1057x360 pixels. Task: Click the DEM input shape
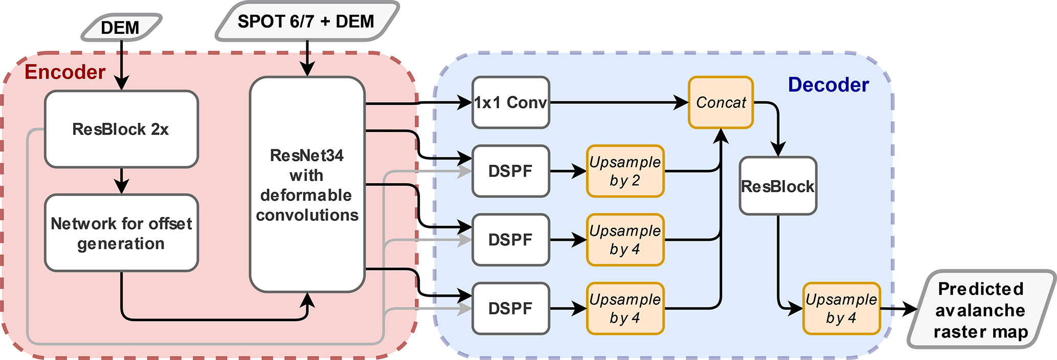[x=121, y=27]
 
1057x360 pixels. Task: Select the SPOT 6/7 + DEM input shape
[x=306, y=21]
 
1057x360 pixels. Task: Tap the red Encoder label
[x=65, y=72]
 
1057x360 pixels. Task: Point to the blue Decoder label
[x=828, y=85]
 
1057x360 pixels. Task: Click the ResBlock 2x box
[x=121, y=129]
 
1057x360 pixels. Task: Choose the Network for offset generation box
[x=121, y=233]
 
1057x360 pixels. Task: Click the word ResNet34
[x=307, y=155]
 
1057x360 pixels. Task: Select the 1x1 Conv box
[x=510, y=102]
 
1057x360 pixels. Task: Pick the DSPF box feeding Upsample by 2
[x=510, y=171]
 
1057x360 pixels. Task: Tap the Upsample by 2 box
[x=625, y=171]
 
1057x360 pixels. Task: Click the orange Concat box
[x=721, y=102]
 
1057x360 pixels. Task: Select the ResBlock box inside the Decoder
[x=777, y=186]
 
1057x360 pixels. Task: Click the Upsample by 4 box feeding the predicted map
[x=841, y=308]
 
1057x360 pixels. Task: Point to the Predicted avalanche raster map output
[x=981, y=310]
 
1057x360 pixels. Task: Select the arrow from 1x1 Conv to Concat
[x=619, y=102]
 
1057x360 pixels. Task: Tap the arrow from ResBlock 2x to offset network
[x=121, y=181]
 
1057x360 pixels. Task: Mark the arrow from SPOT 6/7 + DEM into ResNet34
[x=307, y=58]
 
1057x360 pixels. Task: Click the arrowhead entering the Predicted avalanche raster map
[x=911, y=308]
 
